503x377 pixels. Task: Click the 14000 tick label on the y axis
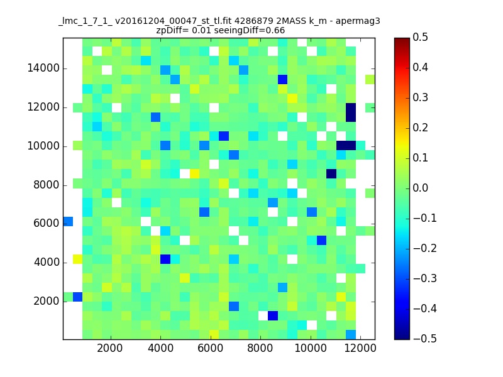[43, 68]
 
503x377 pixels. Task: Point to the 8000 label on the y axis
[46, 185]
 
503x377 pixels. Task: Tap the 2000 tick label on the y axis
[46, 301]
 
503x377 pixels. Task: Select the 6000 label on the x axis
[211, 348]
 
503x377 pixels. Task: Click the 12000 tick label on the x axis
[360, 348]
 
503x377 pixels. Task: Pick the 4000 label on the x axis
[160, 348]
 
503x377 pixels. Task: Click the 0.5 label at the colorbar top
[420, 37]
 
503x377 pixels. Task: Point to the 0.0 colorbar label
[420, 188]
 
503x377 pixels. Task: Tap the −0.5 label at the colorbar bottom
[425, 339]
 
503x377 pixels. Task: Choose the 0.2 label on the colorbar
[420, 128]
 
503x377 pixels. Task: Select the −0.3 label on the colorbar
[425, 278]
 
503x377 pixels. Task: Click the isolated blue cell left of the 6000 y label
[68, 221]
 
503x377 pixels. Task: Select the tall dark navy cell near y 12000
[351, 112]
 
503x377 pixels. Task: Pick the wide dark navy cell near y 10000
[346, 145]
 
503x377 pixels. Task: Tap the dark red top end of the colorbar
[402, 40]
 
